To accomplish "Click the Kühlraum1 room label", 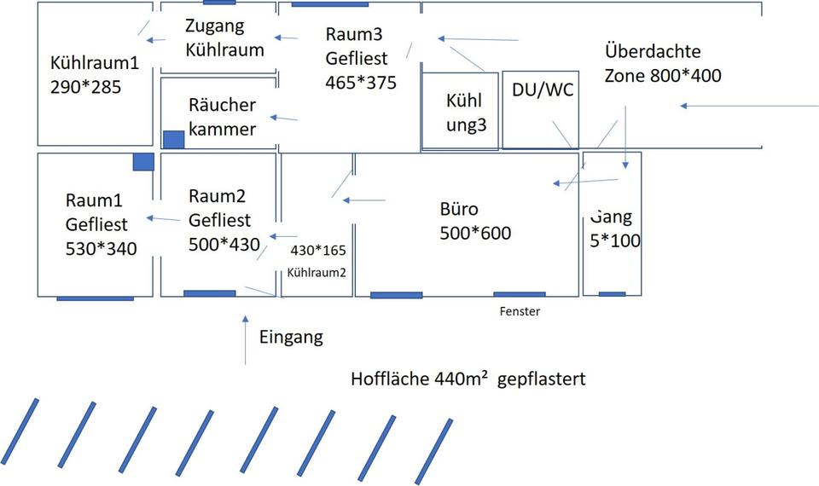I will tap(94, 63).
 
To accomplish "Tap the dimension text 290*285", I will tap(85, 87).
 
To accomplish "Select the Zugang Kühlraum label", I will tap(224, 38).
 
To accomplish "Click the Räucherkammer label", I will tap(222, 117).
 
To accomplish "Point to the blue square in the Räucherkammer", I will tap(173, 140).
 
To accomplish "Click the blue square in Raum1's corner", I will tap(143, 161).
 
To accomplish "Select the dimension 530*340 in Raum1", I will tap(101, 248).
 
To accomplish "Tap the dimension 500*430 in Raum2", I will tap(224, 244).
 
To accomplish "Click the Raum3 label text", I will tap(353, 34).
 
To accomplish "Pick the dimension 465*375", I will tap(361, 83).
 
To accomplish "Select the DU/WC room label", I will tap(541, 90).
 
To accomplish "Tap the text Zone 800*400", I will tap(663, 75).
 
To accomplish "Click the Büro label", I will tap(459, 209).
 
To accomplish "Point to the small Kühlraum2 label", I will tap(317, 273).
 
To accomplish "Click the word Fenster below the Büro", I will tap(520, 311).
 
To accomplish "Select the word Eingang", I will tap(291, 337).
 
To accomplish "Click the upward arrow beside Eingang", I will tap(246, 339).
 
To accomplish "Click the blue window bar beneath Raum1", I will tap(95, 298).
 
